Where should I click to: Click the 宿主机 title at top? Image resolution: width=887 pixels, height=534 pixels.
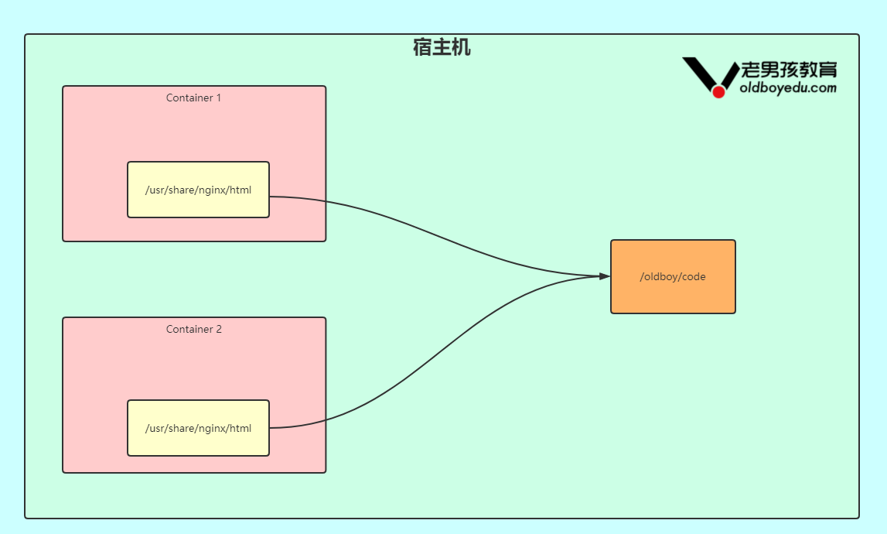[x=442, y=48]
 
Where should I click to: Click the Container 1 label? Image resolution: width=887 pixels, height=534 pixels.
[x=193, y=98]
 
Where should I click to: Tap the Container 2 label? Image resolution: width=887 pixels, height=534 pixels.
[x=193, y=329]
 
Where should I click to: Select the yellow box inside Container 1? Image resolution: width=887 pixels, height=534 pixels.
[x=198, y=205]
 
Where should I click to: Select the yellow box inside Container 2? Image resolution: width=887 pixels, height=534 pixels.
[x=198, y=443]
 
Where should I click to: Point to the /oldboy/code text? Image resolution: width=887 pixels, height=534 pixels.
[x=673, y=276]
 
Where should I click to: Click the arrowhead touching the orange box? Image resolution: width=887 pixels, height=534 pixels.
[x=605, y=276]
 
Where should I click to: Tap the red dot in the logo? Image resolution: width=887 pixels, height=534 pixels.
[x=718, y=92]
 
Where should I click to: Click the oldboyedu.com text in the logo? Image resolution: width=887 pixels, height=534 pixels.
[x=788, y=87]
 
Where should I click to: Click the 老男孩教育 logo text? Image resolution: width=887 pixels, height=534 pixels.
[x=789, y=70]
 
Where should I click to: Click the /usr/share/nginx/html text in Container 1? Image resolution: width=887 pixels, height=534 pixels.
[x=198, y=190]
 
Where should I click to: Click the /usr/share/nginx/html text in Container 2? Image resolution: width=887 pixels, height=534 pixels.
[x=198, y=428]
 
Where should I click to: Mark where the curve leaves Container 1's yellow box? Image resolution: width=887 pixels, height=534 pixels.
[x=271, y=197]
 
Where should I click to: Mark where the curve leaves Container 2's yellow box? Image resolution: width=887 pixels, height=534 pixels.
[x=271, y=427]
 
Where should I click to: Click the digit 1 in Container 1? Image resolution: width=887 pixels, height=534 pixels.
[x=218, y=98]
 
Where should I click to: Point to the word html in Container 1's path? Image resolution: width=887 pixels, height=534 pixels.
[x=240, y=190]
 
